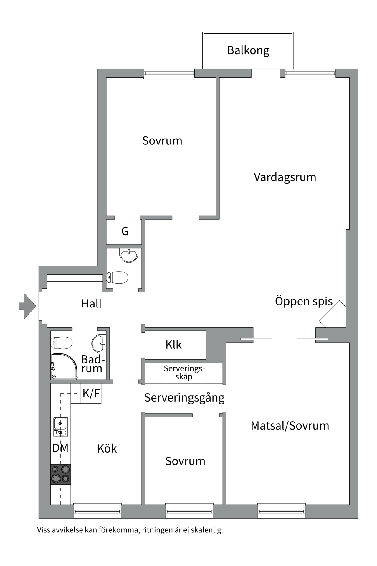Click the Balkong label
pyautogui.click(x=248, y=50)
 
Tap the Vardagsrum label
pyautogui.click(x=285, y=177)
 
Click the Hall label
pyautogui.click(x=91, y=303)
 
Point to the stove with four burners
pyautogui.click(x=60, y=474)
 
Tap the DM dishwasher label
pyautogui.click(x=60, y=448)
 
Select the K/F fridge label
pyautogui.click(x=91, y=394)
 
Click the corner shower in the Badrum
pyautogui.click(x=63, y=366)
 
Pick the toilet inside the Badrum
pyautogui.click(x=62, y=343)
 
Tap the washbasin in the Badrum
pyautogui.click(x=99, y=343)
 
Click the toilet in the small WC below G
pyautogui.click(x=117, y=277)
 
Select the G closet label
pyautogui.click(x=125, y=231)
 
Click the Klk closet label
pyautogui.click(x=173, y=345)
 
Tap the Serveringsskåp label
pyautogui.click(x=184, y=373)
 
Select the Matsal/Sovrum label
pyautogui.click(x=290, y=426)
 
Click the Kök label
pyautogui.click(x=107, y=449)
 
